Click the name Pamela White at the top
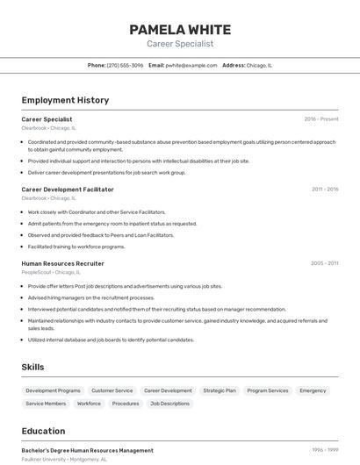(x=180, y=29)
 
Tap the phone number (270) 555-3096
(x=126, y=65)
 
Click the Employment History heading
(x=65, y=100)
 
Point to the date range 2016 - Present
(x=321, y=118)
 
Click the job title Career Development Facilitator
(x=68, y=189)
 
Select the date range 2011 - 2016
(x=325, y=189)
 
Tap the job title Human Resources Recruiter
(x=62, y=263)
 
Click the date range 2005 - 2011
(x=325, y=263)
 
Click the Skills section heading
(x=32, y=367)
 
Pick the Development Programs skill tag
(x=53, y=390)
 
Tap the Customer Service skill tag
(x=112, y=390)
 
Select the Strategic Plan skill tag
(x=220, y=390)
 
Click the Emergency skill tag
(x=313, y=390)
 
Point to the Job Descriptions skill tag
(x=169, y=404)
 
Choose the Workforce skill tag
(x=89, y=404)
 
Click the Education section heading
(x=43, y=431)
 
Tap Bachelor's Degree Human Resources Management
(x=87, y=450)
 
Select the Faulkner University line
(x=64, y=459)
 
